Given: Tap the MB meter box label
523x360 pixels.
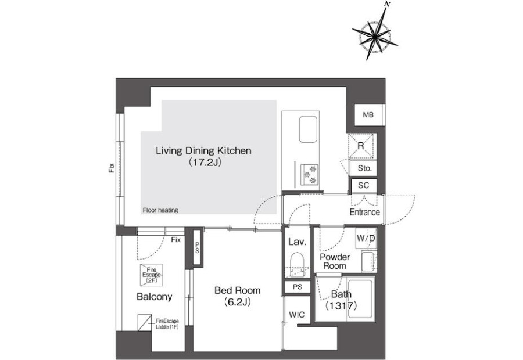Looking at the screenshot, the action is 368,115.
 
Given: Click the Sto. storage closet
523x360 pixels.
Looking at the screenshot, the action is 364,168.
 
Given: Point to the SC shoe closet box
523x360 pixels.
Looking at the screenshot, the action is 364,185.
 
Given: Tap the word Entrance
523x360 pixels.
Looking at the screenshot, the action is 364,212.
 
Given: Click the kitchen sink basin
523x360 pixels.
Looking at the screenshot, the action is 308,129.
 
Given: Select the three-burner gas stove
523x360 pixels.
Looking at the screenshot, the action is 310,175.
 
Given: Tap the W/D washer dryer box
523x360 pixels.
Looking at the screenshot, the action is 366,238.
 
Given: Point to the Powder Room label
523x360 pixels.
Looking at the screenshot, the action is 335,261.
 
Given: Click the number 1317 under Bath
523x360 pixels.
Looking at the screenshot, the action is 341,305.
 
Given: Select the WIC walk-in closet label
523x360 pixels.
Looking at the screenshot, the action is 296,315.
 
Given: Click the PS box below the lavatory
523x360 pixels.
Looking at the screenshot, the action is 297,287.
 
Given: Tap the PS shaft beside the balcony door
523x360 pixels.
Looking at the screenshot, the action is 197,247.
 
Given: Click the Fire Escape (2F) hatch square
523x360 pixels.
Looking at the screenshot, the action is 152,275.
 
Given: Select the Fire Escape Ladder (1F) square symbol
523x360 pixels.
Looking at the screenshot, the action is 145,323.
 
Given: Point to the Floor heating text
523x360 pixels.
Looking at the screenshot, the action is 160,210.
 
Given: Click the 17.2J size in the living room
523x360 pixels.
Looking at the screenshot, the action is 203,163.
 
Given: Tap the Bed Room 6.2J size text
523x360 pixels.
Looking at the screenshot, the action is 237,302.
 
